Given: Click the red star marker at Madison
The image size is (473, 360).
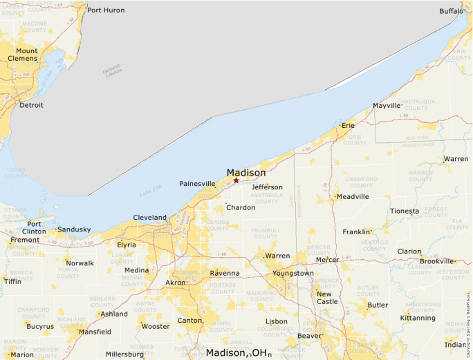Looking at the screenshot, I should pyautogui.click(x=236, y=180).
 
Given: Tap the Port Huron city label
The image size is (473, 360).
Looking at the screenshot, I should pyautogui.click(x=106, y=10).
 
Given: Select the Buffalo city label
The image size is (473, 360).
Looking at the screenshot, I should pyautogui.click(x=452, y=11).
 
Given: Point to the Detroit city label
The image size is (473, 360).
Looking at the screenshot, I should pyautogui.click(x=31, y=105).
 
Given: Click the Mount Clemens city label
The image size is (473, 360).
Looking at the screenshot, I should pyautogui.click(x=27, y=55).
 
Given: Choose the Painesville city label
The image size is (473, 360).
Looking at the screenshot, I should pyautogui.click(x=198, y=183).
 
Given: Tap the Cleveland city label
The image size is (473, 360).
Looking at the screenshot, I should pyautogui.click(x=149, y=217).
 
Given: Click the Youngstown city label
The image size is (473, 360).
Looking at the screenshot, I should pyautogui.click(x=293, y=273).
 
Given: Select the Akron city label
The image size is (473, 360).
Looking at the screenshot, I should pyautogui.click(x=176, y=283).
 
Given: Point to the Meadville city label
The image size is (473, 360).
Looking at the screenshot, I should pyautogui.click(x=353, y=196).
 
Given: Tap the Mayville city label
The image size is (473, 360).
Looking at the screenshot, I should pyautogui.click(x=387, y=106).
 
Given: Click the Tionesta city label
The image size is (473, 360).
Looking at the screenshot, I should pyautogui.click(x=405, y=211).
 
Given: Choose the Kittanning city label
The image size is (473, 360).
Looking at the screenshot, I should pyautogui.click(x=418, y=318).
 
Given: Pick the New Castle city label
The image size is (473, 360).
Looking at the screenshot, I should pyautogui.click(x=327, y=297).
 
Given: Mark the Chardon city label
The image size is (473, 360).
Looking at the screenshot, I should pyautogui.click(x=241, y=207).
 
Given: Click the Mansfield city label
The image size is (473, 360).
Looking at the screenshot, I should pyautogui.click(x=95, y=332).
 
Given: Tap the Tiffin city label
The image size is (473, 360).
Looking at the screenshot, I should pyautogui.click(x=12, y=281).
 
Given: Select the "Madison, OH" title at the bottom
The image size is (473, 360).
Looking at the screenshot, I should pyautogui.click(x=237, y=353).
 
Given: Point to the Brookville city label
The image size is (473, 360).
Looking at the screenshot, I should pyautogui.click(x=436, y=261).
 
